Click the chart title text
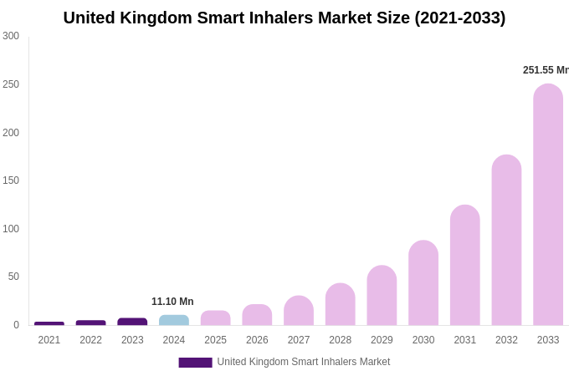(x=284, y=18)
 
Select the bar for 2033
(x=548, y=205)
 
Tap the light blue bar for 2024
(x=174, y=320)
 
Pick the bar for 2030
(x=423, y=283)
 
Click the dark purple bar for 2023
(x=132, y=322)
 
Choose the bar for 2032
(x=506, y=241)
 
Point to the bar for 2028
(x=341, y=304)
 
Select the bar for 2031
(x=465, y=265)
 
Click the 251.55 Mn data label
(x=546, y=70)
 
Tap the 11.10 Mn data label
(x=172, y=302)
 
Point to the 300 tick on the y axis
(x=11, y=36)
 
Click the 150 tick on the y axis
(x=11, y=180)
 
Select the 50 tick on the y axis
(x=13, y=277)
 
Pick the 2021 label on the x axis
(x=49, y=340)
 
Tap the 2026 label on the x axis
(x=257, y=340)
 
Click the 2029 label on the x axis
(x=382, y=340)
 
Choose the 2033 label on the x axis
(x=548, y=340)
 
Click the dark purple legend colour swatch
(x=195, y=363)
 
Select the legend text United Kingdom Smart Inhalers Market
(x=304, y=362)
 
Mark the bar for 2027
(x=299, y=311)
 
